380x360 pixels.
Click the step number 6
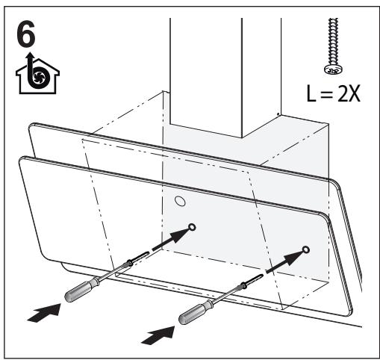tap(28, 31)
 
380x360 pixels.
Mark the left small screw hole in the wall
tap(192, 227)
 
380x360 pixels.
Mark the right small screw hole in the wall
tap(305, 249)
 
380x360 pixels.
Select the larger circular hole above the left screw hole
tap(180, 202)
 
